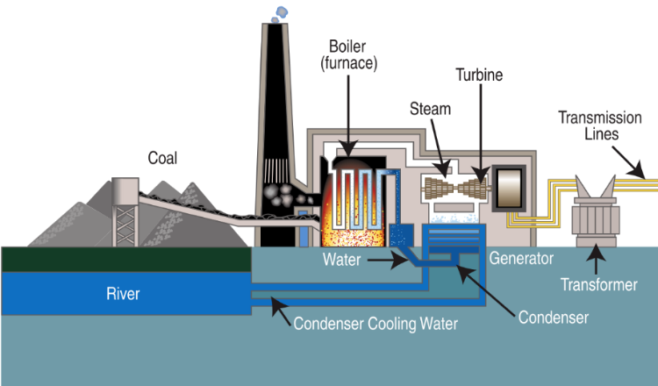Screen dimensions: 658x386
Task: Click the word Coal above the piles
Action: tap(162, 158)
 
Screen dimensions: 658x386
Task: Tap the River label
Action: tap(123, 294)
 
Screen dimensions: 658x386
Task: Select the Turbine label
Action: tap(479, 75)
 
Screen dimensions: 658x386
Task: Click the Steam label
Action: tap(430, 109)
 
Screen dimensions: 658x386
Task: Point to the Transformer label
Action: tap(599, 285)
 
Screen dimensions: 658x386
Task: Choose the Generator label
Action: tap(521, 259)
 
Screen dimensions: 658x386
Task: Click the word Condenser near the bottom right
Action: tap(553, 318)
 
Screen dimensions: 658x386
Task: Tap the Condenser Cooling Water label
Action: tap(375, 324)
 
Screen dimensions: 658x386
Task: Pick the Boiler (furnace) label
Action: tap(348, 55)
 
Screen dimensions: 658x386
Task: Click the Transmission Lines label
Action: tap(600, 125)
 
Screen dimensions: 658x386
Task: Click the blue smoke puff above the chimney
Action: tap(280, 14)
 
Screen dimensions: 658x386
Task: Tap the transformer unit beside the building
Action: tap(596, 212)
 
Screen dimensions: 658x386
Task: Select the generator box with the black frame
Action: tap(509, 189)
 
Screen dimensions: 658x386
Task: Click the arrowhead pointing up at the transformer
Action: tap(596, 252)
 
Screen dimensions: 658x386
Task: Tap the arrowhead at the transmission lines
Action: tap(637, 170)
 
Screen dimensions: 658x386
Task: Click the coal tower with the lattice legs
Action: tap(125, 212)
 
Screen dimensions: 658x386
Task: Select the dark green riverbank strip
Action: tap(126, 260)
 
